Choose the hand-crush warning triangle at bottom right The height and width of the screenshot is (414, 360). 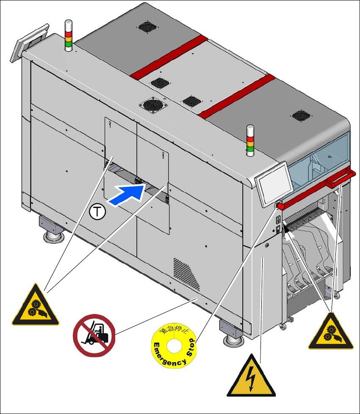[x=330, y=331]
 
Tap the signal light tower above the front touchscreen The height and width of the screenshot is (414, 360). [x=250, y=140]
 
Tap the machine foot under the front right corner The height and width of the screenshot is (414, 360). [x=230, y=333]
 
